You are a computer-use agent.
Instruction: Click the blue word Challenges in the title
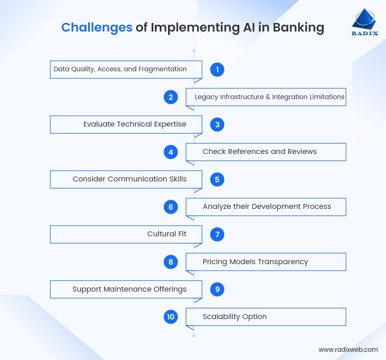97,27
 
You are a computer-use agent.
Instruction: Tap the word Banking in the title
298,27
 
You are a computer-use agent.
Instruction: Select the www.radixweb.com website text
348,349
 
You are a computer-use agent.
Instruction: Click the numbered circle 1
217,70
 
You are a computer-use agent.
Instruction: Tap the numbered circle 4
170,152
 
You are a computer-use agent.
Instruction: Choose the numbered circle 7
217,235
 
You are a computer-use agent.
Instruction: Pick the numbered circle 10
170,317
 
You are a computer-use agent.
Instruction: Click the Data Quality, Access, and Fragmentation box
126,69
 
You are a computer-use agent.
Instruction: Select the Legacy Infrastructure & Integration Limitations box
266,97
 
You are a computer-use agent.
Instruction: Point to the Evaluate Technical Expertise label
135,124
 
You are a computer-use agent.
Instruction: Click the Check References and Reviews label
259,152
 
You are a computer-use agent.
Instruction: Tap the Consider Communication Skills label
129,179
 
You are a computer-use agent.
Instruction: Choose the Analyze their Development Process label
267,206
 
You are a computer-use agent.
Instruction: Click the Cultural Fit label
167,234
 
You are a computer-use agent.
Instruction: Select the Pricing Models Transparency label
255,262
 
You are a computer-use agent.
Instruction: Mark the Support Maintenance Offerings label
129,289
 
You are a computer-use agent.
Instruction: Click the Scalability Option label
234,317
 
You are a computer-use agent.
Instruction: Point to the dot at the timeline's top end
194,51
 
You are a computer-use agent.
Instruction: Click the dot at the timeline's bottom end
194,335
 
